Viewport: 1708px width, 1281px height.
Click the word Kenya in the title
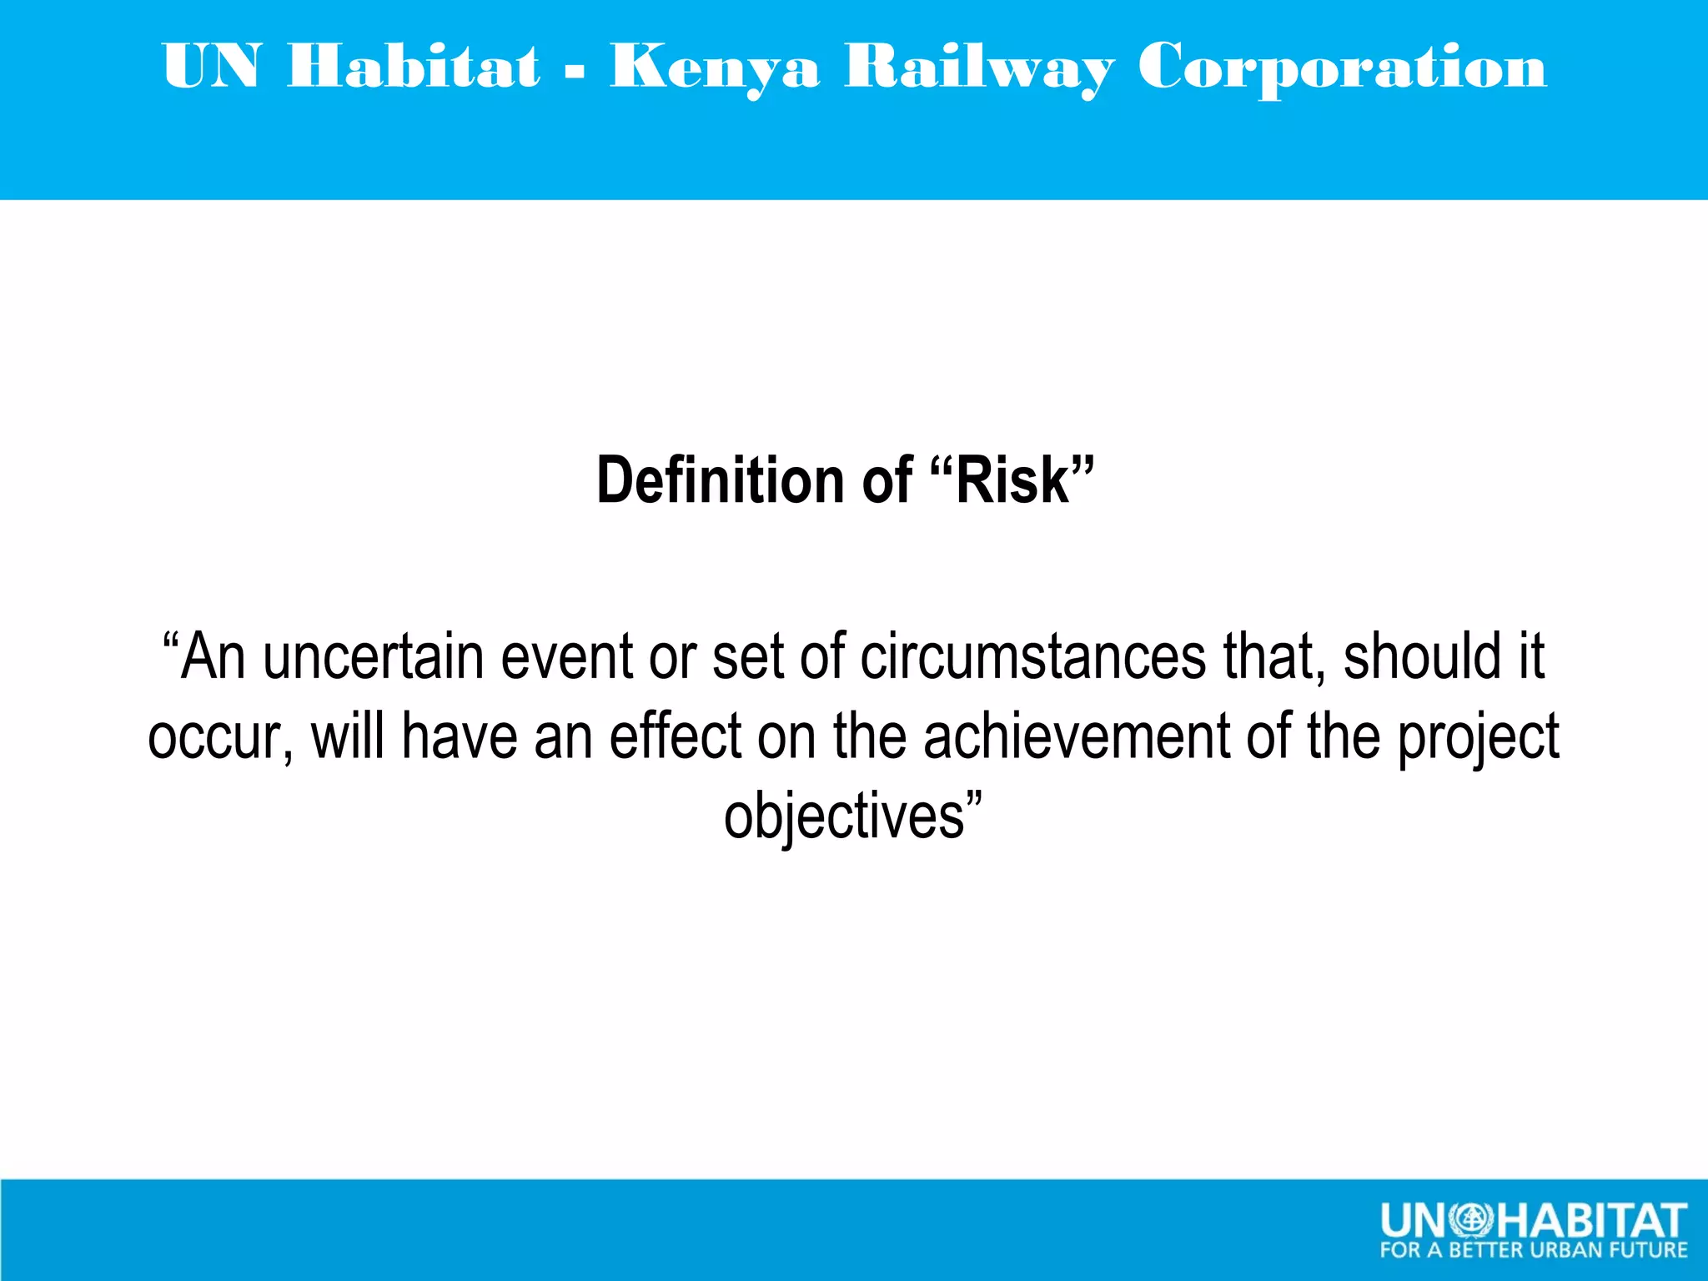(715, 67)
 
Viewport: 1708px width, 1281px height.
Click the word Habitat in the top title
(414, 67)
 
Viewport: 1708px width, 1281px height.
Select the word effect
(675, 737)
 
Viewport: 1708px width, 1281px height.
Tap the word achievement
(1076, 737)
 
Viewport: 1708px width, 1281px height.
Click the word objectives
(844, 817)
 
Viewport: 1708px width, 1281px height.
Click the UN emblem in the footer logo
(1471, 1221)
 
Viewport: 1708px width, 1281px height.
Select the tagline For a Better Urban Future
(1533, 1250)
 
